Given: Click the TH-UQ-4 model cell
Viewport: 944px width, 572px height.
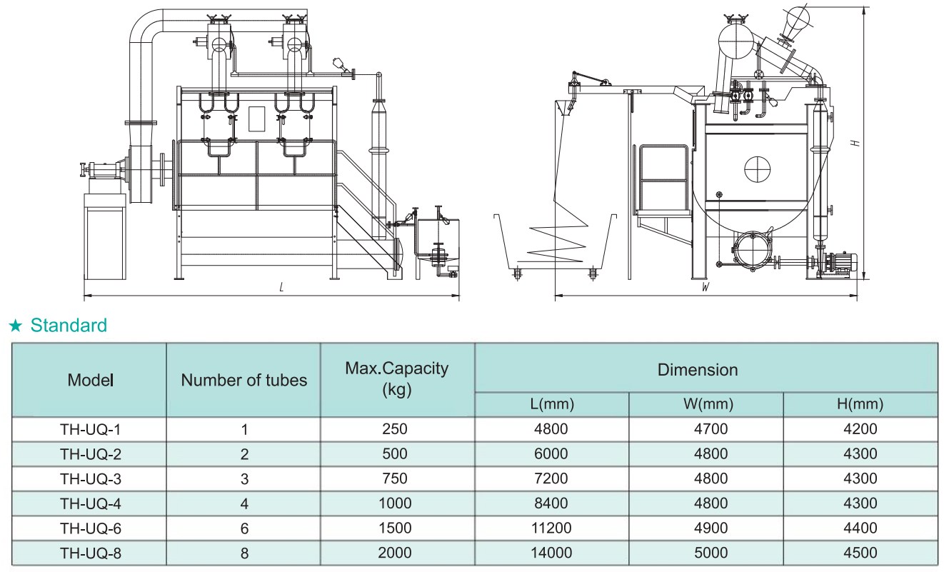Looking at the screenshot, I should click(x=91, y=503).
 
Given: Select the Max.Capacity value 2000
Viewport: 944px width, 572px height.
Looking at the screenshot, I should click(x=395, y=553).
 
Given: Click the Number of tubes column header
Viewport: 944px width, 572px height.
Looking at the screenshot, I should click(x=244, y=380).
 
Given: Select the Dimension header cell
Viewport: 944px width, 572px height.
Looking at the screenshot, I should click(x=698, y=369).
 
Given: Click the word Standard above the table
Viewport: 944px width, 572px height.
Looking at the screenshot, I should click(x=69, y=326).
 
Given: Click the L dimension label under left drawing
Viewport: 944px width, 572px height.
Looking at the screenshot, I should click(x=282, y=288).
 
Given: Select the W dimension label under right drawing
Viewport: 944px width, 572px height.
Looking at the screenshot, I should click(x=706, y=288).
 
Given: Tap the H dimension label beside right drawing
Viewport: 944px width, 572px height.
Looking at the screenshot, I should click(x=855, y=143).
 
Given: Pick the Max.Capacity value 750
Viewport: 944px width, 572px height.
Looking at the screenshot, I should click(x=395, y=478).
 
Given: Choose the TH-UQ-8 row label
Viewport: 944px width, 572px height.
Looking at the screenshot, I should click(x=91, y=553).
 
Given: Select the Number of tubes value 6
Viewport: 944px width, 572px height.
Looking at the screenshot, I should click(x=244, y=528).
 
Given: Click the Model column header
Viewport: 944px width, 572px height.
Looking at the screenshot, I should click(x=91, y=380).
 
